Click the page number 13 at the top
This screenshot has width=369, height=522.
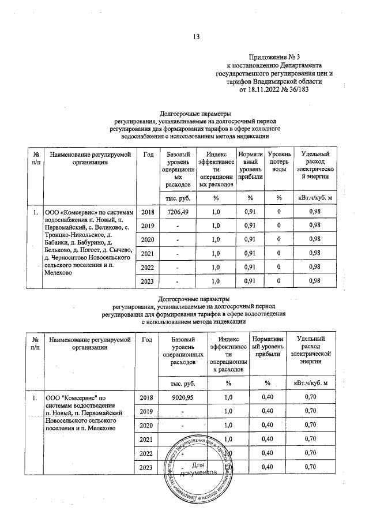[195, 37]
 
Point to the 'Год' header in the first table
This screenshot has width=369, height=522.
[148, 155]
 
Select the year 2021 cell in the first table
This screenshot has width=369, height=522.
[148, 254]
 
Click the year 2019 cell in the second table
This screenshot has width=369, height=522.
[148, 411]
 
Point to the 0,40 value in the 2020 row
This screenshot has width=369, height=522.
[267, 425]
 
